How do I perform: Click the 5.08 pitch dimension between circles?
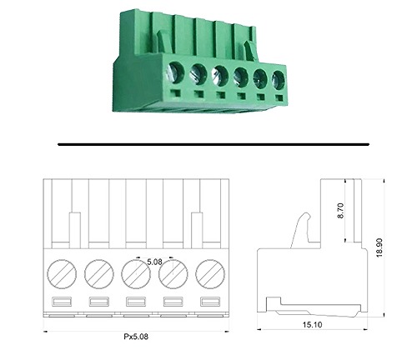click(x=154, y=262)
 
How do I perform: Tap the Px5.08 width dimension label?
click(x=136, y=337)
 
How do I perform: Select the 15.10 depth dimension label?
click(x=312, y=324)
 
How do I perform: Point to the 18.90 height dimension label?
click(x=379, y=247)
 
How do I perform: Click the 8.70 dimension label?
click(x=340, y=211)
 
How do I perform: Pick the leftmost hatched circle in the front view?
click(x=62, y=274)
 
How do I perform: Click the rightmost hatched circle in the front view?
click(x=210, y=274)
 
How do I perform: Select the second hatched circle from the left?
click(x=99, y=274)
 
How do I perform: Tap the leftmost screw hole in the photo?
click(x=175, y=72)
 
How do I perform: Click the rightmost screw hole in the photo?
click(x=279, y=80)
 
